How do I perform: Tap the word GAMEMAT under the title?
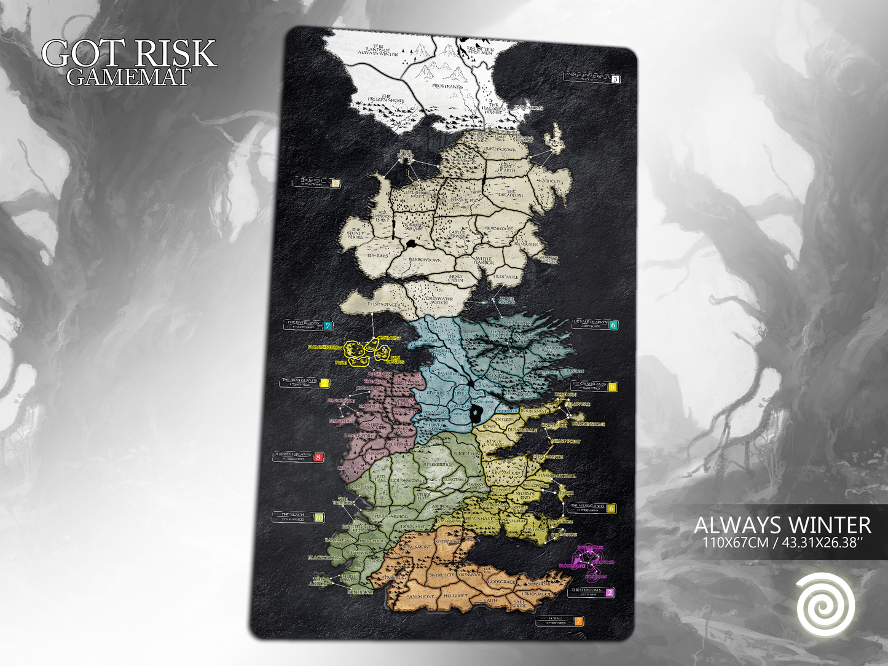click(129, 77)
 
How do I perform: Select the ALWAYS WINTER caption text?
click(782, 525)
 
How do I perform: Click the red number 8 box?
click(318, 457)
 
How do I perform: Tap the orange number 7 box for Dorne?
click(578, 621)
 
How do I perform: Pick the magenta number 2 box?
click(610, 593)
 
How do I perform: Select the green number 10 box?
click(318, 517)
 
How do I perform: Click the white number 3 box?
click(615, 79)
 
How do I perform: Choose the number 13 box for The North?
click(334, 182)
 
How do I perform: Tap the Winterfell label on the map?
click(465, 200)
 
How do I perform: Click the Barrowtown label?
click(425, 260)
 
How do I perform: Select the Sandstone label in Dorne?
click(420, 597)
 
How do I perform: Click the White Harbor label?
click(484, 261)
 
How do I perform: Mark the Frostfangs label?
click(447, 87)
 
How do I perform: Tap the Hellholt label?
click(455, 596)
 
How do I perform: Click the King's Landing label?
click(493, 442)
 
